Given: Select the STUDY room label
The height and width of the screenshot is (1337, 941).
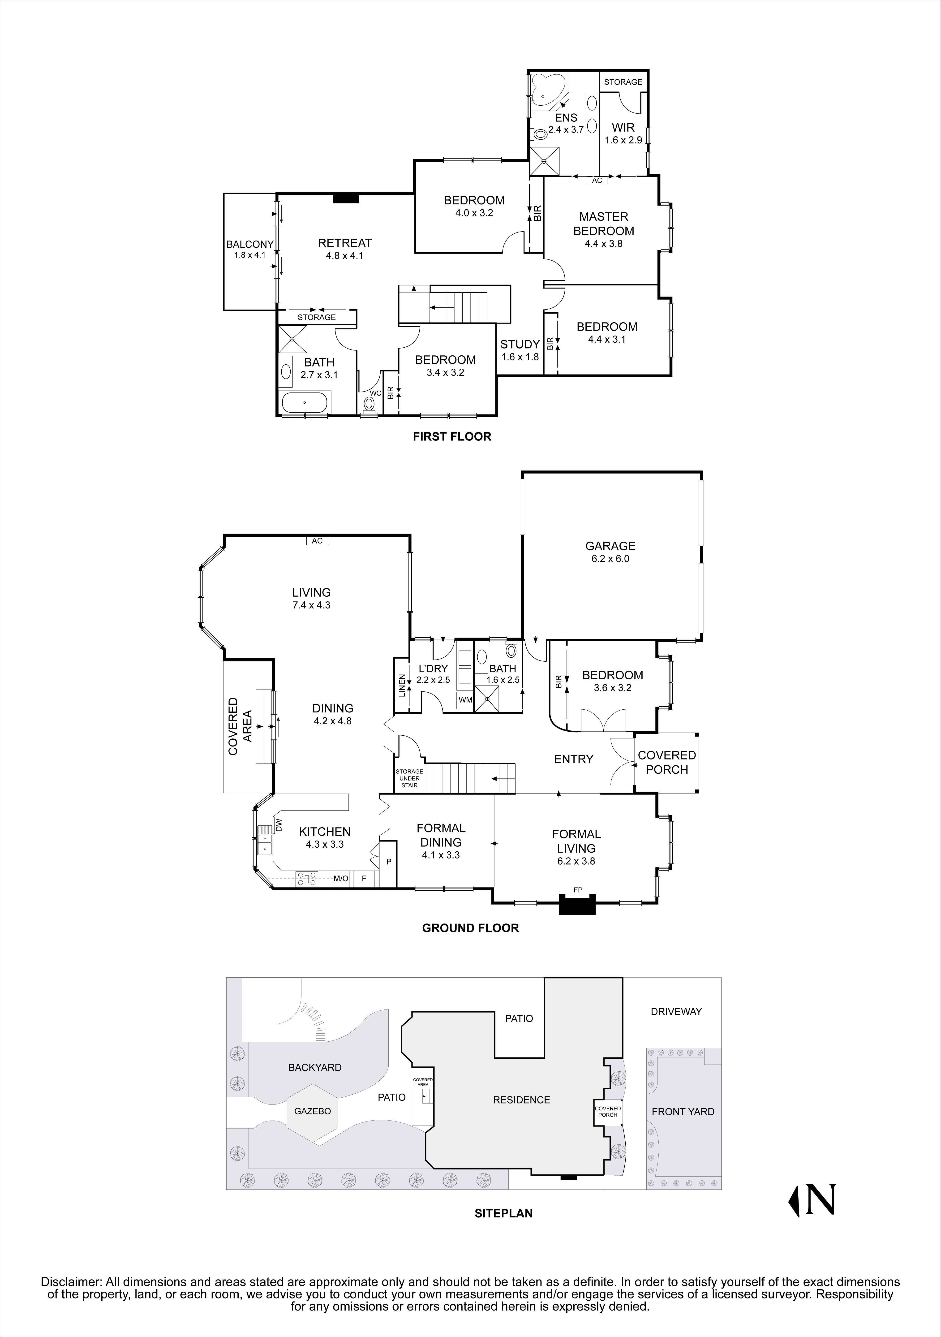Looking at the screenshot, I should [520, 344].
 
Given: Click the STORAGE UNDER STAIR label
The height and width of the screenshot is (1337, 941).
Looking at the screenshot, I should [409, 778].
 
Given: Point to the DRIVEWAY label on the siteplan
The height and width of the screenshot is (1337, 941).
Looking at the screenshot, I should [676, 1011].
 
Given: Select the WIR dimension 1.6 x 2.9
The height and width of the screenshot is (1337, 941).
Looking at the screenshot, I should [623, 140].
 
